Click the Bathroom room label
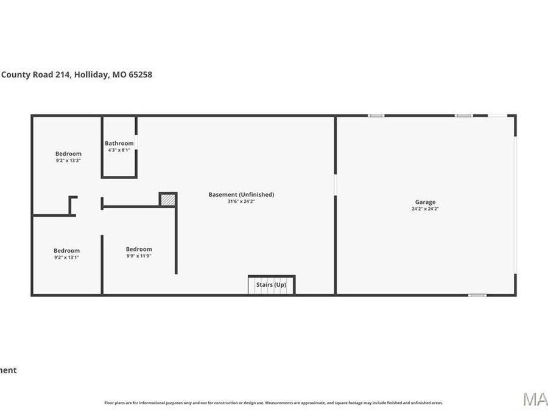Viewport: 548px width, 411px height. [119, 143]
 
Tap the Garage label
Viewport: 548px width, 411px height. [425, 202]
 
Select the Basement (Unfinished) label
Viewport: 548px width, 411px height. [241, 194]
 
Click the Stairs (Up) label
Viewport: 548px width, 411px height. [271, 284]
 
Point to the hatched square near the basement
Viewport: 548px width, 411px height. [168, 199]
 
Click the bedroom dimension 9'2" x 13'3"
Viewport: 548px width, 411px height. [68, 160]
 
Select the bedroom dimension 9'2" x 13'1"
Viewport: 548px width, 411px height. [66, 257]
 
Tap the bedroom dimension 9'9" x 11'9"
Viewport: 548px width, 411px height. [139, 256]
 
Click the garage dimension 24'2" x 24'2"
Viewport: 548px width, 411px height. [425, 209]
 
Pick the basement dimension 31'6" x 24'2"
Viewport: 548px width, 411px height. [241, 201]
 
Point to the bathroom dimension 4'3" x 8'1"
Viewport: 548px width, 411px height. [119, 150]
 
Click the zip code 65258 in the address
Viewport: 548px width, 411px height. [140, 75]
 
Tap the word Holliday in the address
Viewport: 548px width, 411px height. [93, 75]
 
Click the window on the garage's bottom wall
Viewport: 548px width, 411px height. [477, 295]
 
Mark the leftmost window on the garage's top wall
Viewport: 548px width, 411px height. [376, 115]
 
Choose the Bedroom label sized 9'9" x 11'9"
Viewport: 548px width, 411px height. [139, 249]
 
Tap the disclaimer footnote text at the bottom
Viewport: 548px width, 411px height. [273, 402]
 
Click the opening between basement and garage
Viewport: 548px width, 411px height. [335, 185]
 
